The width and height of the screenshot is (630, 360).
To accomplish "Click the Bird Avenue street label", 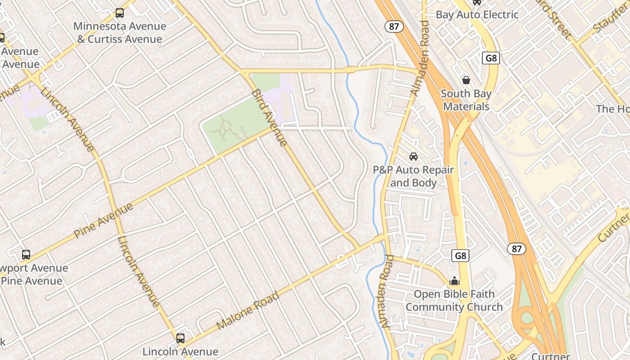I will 269,118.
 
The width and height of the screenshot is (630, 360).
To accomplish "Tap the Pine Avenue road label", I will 103,220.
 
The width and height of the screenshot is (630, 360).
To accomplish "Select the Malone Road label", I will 247,310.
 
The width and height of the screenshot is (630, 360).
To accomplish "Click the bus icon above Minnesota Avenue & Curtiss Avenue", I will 119,13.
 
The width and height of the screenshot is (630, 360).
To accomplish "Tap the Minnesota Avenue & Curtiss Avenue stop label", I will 120,32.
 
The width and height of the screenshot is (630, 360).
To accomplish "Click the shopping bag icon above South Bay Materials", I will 466,80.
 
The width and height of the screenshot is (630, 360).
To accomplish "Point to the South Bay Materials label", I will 466,100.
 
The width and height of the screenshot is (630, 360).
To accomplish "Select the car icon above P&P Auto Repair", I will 413,156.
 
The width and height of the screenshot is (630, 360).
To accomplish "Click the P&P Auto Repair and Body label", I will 413,176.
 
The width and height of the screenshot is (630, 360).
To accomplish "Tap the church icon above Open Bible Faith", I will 454,281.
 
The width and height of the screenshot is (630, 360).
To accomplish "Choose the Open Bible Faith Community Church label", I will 454,301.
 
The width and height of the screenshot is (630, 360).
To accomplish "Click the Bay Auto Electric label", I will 477,14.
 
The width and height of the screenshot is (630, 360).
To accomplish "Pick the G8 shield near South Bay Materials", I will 491,58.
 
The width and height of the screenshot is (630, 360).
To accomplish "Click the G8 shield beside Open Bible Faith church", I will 460,256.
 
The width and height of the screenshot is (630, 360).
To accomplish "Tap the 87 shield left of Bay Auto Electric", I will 394,27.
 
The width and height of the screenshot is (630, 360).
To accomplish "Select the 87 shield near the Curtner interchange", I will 517,249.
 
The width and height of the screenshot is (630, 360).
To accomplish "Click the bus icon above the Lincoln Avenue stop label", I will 180,338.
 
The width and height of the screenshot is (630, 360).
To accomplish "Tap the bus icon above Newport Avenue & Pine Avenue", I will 26,254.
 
